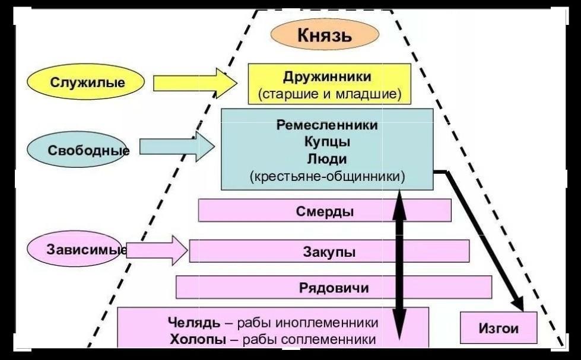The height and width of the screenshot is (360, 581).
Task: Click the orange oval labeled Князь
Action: click(325, 34)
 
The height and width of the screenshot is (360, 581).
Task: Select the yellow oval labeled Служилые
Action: click(85, 81)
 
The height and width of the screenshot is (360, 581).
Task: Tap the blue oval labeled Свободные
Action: click(77, 149)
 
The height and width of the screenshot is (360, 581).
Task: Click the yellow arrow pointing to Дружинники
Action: click(195, 83)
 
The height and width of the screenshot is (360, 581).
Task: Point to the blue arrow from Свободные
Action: click(177, 146)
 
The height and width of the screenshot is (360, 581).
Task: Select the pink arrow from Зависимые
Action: click(157, 250)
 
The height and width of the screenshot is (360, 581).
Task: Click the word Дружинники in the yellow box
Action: click(327, 77)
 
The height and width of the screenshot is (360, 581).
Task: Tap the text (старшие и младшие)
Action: click(329, 94)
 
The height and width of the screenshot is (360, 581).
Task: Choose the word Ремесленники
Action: click(327, 125)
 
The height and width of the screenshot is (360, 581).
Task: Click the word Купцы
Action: click(327, 142)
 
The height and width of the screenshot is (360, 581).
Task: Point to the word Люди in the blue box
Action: click(327, 159)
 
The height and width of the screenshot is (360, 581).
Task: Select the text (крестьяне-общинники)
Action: click(327, 176)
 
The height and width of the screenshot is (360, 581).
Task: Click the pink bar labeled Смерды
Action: click(325, 211)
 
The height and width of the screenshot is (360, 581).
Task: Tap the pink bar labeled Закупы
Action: click(329, 251)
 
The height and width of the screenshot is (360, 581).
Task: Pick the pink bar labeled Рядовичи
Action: click(334, 287)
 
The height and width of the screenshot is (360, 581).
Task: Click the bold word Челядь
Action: click(194, 323)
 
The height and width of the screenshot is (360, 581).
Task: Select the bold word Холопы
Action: click(198, 339)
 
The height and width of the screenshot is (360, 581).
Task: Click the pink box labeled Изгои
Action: click(499, 328)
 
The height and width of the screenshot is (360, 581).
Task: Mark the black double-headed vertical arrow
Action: click(399, 265)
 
